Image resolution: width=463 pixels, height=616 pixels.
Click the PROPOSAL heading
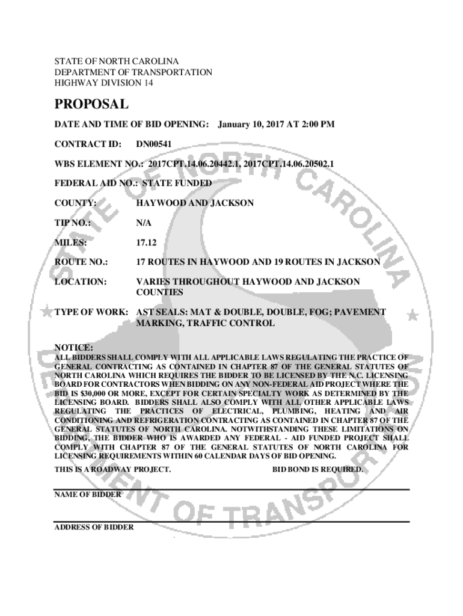(x=91, y=105)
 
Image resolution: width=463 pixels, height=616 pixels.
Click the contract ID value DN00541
(x=154, y=144)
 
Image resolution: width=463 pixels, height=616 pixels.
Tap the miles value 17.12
(x=147, y=242)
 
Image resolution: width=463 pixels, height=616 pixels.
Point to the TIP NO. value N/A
(x=143, y=223)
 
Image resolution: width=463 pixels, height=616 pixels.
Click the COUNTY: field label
(x=76, y=203)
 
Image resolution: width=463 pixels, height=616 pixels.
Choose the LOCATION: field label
(x=81, y=282)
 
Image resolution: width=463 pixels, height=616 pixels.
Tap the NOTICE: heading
(x=74, y=348)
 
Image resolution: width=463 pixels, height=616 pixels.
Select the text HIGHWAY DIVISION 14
(x=103, y=83)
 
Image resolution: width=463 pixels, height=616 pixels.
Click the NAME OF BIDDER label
(x=88, y=494)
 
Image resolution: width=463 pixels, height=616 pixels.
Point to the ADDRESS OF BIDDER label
(x=94, y=528)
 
